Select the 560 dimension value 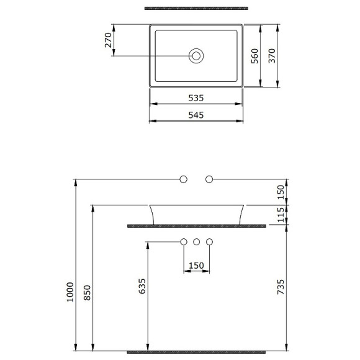coord(254,56)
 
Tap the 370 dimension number coord(272,56)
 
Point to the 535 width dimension coord(196,98)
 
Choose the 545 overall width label coord(196,115)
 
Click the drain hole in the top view coord(196,56)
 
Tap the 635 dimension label coord(142,286)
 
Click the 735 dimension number coord(281,286)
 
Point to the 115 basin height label coord(281,215)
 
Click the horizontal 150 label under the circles coord(196,266)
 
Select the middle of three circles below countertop coord(196,241)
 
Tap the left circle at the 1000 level coord(183,179)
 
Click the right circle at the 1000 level coord(209,179)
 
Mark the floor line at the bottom coord(196,351)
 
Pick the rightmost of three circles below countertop coord(209,241)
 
